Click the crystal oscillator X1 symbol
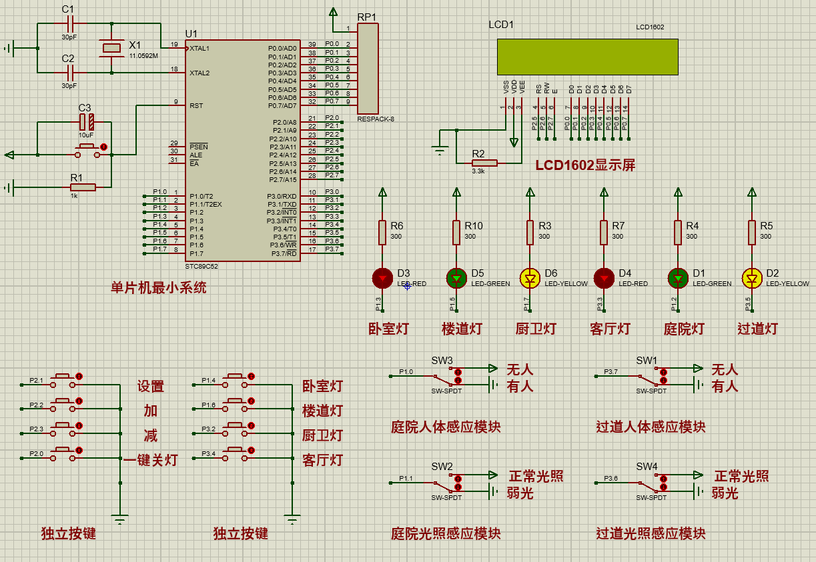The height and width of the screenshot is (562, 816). tap(111, 47)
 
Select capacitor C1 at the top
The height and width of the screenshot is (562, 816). tap(69, 23)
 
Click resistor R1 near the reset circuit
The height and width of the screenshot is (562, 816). tap(83, 188)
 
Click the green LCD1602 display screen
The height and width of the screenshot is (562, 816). tap(587, 57)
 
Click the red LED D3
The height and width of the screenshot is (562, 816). tap(382, 277)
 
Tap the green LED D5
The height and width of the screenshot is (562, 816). tap(456, 277)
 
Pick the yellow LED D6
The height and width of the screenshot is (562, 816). tap(530, 277)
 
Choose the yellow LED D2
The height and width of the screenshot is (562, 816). tap(752, 277)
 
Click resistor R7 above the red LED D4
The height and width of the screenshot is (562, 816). tap(604, 232)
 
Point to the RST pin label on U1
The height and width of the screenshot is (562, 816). tap(196, 105)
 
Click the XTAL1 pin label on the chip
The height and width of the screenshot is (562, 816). tap(199, 48)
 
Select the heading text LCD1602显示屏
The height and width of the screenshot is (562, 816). tap(585, 165)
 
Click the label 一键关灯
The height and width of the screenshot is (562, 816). tap(151, 460)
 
